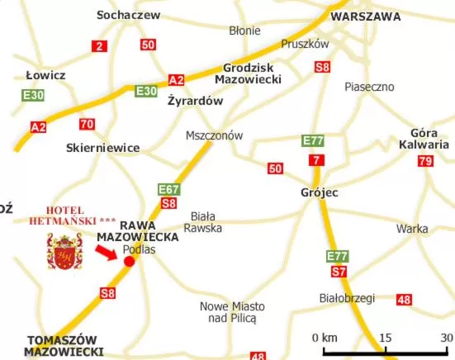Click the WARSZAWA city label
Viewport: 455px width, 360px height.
point(366,16)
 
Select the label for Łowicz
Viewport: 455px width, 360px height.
point(45,75)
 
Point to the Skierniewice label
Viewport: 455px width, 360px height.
point(102,148)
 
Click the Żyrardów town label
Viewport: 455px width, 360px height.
point(195,102)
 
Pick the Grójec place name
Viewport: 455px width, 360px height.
point(320,192)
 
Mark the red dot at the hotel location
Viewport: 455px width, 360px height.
point(129,262)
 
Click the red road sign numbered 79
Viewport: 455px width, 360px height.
point(425,161)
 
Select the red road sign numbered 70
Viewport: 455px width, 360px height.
point(87,125)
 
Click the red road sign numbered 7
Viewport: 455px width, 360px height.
point(316,159)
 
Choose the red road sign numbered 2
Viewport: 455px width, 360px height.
point(100,47)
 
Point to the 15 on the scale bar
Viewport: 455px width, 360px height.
point(385,338)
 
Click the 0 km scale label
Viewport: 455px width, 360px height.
point(325,338)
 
